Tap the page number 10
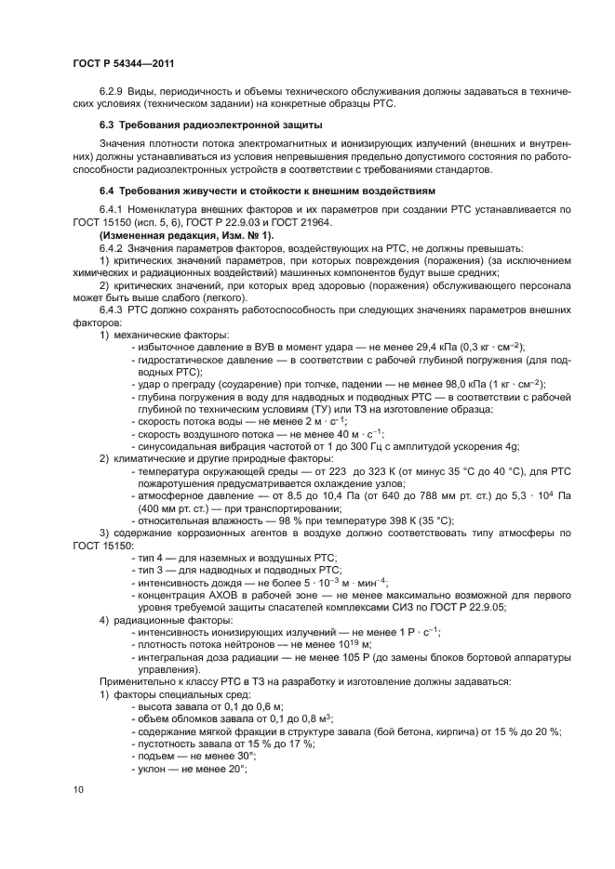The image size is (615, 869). coord(78,789)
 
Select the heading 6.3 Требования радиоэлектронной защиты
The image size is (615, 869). coord(210,124)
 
